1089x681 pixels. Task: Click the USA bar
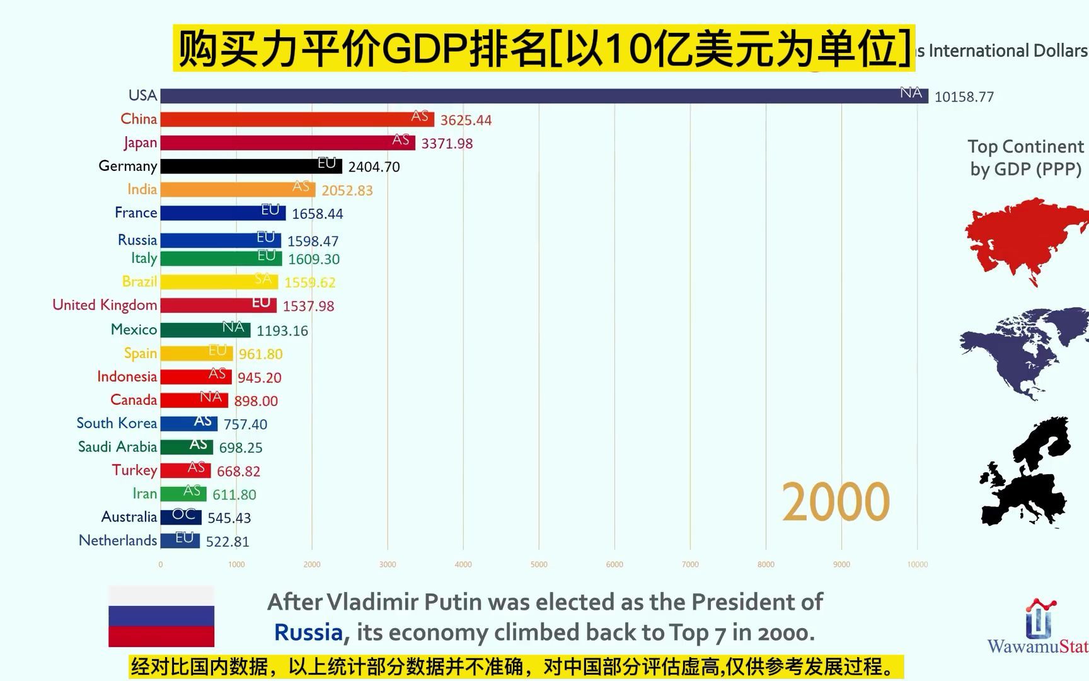(x=542, y=96)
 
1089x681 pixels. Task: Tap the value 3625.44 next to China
(x=466, y=120)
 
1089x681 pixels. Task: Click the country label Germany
(x=128, y=166)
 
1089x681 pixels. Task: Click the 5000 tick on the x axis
(x=539, y=564)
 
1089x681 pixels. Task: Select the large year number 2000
(x=835, y=502)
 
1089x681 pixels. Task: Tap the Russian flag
(x=161, y=616)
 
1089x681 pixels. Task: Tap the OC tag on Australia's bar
(x=183, y=515)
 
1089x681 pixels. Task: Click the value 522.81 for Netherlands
(x=228, y=542)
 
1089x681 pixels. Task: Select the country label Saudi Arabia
(x=117, y=447)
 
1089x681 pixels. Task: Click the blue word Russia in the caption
(x=308, y=632)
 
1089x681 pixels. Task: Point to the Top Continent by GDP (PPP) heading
(x=1025, y=158)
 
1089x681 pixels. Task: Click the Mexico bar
(x=205, y=330)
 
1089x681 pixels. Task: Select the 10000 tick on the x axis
(x=917, y=564)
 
